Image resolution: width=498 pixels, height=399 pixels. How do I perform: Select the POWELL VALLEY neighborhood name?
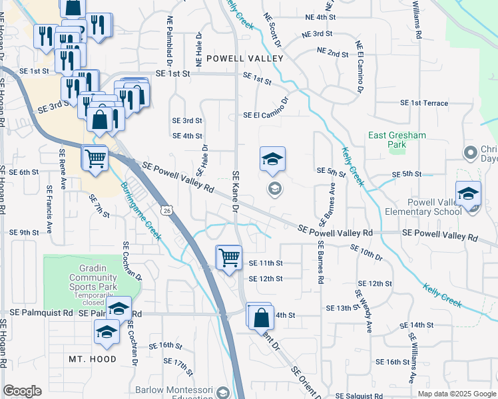(245, 59)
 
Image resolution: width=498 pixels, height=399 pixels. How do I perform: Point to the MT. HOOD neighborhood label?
(93, 359)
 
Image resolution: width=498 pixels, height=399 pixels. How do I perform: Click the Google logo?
(22, 392)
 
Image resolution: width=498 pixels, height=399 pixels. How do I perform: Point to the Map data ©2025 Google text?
(456, 394)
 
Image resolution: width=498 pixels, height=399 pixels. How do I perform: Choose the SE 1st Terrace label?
(424, 103)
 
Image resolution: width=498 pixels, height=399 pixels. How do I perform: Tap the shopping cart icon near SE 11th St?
(229, 257)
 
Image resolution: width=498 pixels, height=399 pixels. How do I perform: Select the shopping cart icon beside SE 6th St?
(95, 159)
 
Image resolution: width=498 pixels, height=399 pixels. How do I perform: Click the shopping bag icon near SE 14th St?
(260, 315)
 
